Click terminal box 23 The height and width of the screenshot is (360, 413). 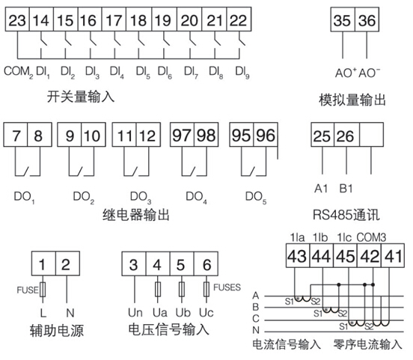pyautogui.click(x=17, y=19)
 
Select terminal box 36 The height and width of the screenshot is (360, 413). pyautogui.click(x=367, y=19)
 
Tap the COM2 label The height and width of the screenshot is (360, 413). pyautogui.click(x=19, y=72)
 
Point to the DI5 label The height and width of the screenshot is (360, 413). pyautogui.click(x=143, y=72)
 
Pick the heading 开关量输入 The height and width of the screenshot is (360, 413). pyautogui.click(x=81, y=97)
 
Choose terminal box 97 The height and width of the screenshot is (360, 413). pyautogui.click(x=182, y=135)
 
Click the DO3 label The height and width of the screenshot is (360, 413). pyautogui.click(x=141, y=198)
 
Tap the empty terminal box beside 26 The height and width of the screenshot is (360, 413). pyautogui.click(x=371, y=135)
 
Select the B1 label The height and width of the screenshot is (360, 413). pyautogui.click(x=346, y=189)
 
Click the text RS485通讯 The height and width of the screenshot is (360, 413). pyautogui.click(x=346, y=215)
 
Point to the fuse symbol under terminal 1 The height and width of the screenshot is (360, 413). pyautogui.click(x=43, y=290)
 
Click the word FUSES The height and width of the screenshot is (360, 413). pyautogui.click(x=227, y=287)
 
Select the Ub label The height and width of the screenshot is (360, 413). pyautogui.click(x=183, y=313)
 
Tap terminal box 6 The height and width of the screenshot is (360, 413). pyautogui.click(x=206, y=263)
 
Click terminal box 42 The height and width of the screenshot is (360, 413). pyautogui.click(x=369, y=255)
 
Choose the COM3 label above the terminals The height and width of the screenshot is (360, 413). pyautogui.click(x=371, y=237)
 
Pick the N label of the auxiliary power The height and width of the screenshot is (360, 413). pyautogui.click(x=70, y=313)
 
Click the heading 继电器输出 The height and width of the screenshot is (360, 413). pyautogui.click(x=136, y=215)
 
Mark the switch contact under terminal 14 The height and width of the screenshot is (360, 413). pyautogui.click(x=43, y=42)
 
